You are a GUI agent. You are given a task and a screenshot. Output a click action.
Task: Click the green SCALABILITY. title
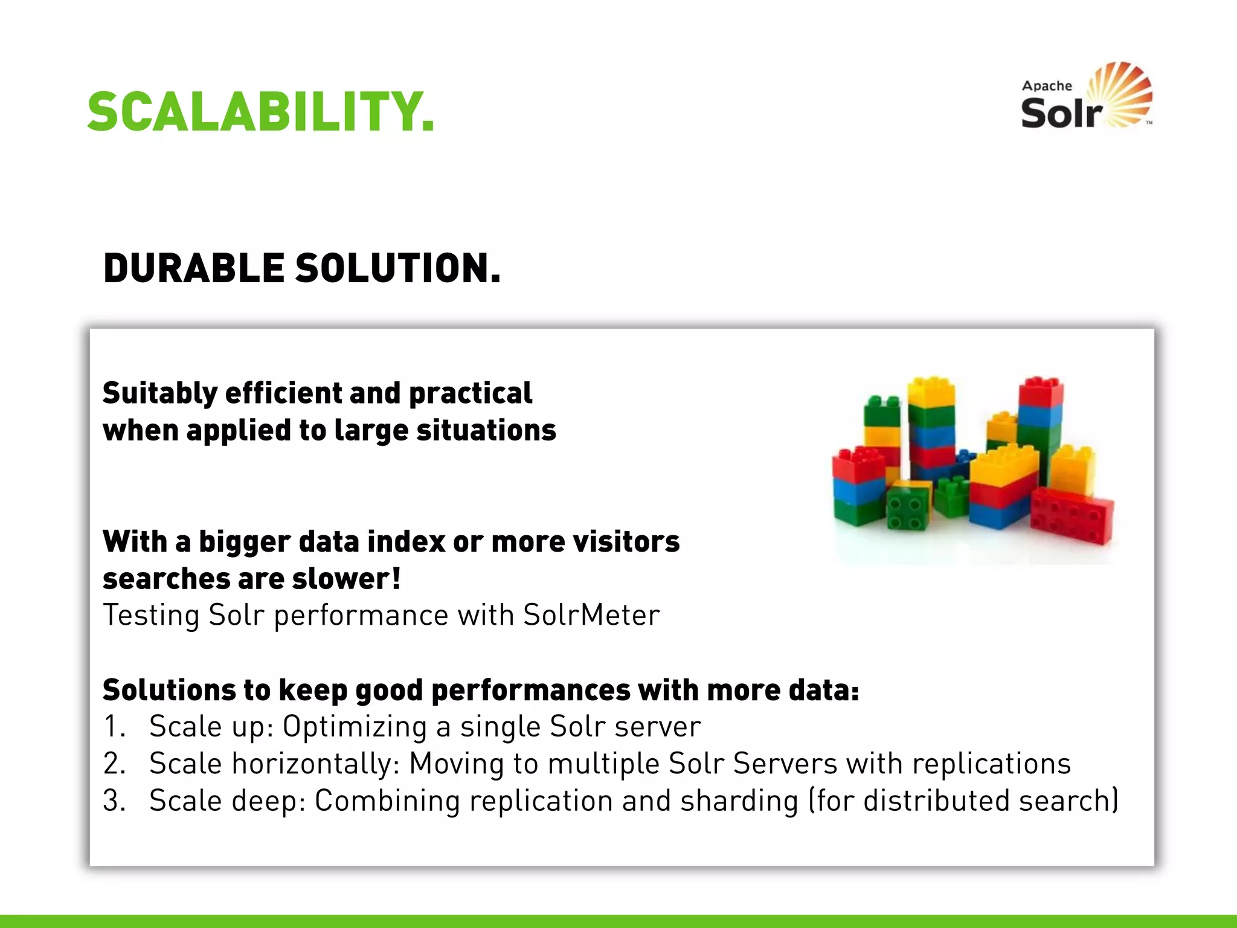(x=260, y=112)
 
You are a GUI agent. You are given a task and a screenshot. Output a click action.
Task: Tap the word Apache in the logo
(x=1047, y=86)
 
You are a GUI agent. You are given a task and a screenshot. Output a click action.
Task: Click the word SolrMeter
(x=591, y=616)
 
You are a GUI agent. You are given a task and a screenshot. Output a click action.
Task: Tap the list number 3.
(x=113, y=801)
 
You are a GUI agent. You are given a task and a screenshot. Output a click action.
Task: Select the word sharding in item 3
(x=739, y=801)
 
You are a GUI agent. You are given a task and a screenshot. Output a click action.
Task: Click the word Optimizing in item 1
(x=355, y=727)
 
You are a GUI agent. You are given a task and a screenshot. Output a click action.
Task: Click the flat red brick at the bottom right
(x=1072, y=515)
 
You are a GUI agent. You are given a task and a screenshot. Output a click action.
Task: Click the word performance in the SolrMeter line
(x=361, y=616)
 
